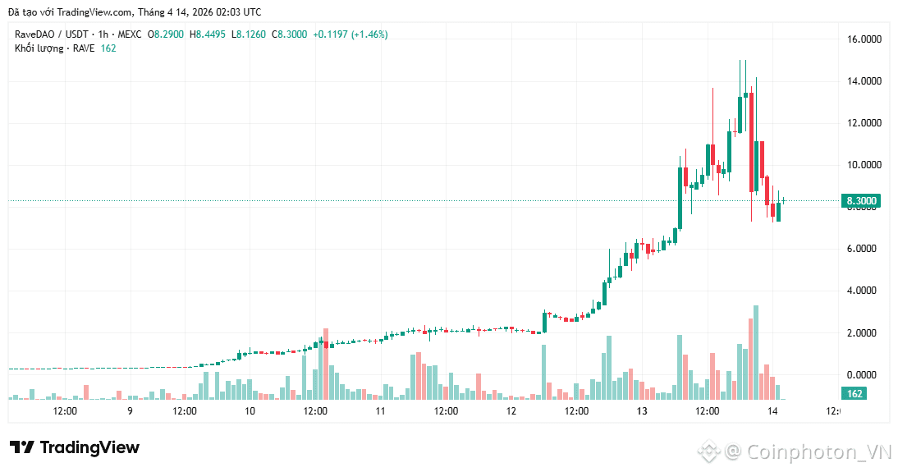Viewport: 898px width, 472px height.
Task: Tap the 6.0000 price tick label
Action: click(x=864, y=249)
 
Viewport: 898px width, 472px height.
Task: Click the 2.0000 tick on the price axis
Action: click(x=864, y=332)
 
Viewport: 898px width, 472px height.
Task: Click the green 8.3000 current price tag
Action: click(x=861, y=201)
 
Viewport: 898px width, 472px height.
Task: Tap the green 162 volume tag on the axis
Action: click(x=854, y=394)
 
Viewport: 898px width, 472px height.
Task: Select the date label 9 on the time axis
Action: click(x=130, y=411)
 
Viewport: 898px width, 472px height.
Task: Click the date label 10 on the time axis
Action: click(x=250, y=411)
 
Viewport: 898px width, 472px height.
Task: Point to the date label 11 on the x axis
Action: click(x=380, y=411)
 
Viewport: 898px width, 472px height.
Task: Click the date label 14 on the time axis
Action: click(x=772, y=411)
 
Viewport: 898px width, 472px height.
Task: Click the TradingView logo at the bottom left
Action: click(x=75, y=447)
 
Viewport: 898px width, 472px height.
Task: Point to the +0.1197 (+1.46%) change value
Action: click(x=350, y=34)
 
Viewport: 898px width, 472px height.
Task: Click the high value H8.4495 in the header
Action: click(x=208, y=34)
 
